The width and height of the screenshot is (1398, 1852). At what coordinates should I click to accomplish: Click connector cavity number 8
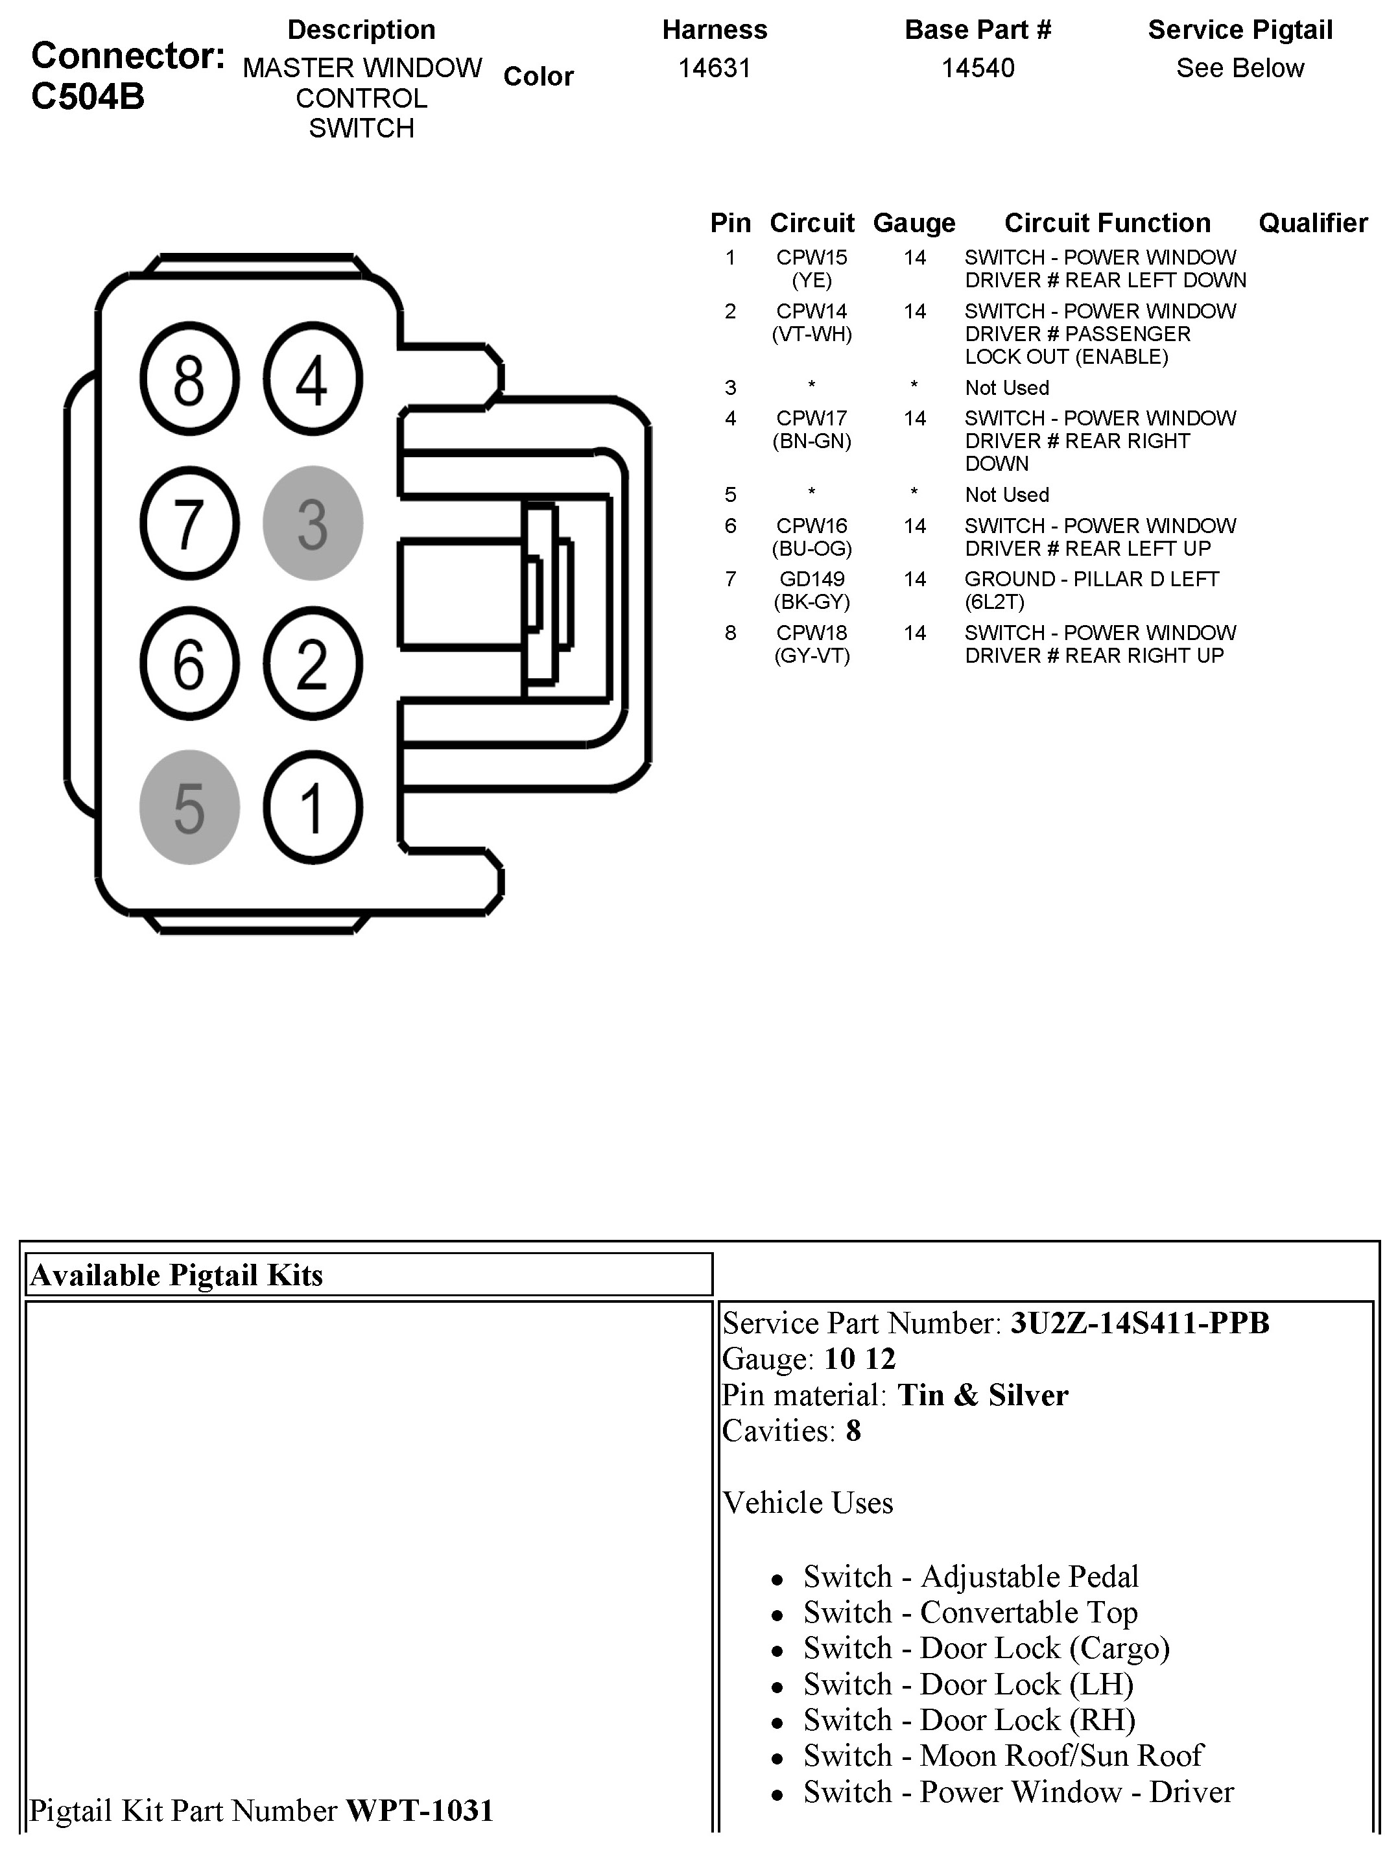click(x=189, y=379)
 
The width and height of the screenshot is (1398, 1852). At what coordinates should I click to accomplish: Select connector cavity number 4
click(x=313, y=379)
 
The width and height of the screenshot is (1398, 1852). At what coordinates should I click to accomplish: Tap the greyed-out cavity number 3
click(x=313, y=523)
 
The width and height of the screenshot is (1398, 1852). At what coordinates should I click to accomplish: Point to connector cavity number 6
click(x=189, y=664)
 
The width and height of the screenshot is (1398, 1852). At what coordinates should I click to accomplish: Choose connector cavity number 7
click(x=189, y=523)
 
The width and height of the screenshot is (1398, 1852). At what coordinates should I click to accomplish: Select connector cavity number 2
click(x=313, y=664)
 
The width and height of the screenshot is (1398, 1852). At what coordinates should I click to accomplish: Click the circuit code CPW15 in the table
click(x=811, y=258)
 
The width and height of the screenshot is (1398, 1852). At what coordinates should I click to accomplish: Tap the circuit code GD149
click(x=811, y=579)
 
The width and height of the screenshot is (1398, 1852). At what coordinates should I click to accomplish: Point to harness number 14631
click(x=714, y=68)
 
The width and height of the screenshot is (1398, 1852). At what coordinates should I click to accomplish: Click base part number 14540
click(x=978, y=68)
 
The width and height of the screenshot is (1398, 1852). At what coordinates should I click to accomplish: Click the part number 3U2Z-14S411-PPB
click(x=1139, y=1323)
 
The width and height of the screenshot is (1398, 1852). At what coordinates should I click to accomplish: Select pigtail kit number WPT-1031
click(x=420, y=1810)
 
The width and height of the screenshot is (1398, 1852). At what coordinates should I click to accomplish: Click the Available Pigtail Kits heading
click(x=176, y=1275)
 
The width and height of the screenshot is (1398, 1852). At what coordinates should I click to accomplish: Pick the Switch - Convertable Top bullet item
click(x=970, y=1611)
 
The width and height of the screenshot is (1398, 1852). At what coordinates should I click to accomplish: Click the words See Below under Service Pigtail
click(x=1240, y=68)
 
